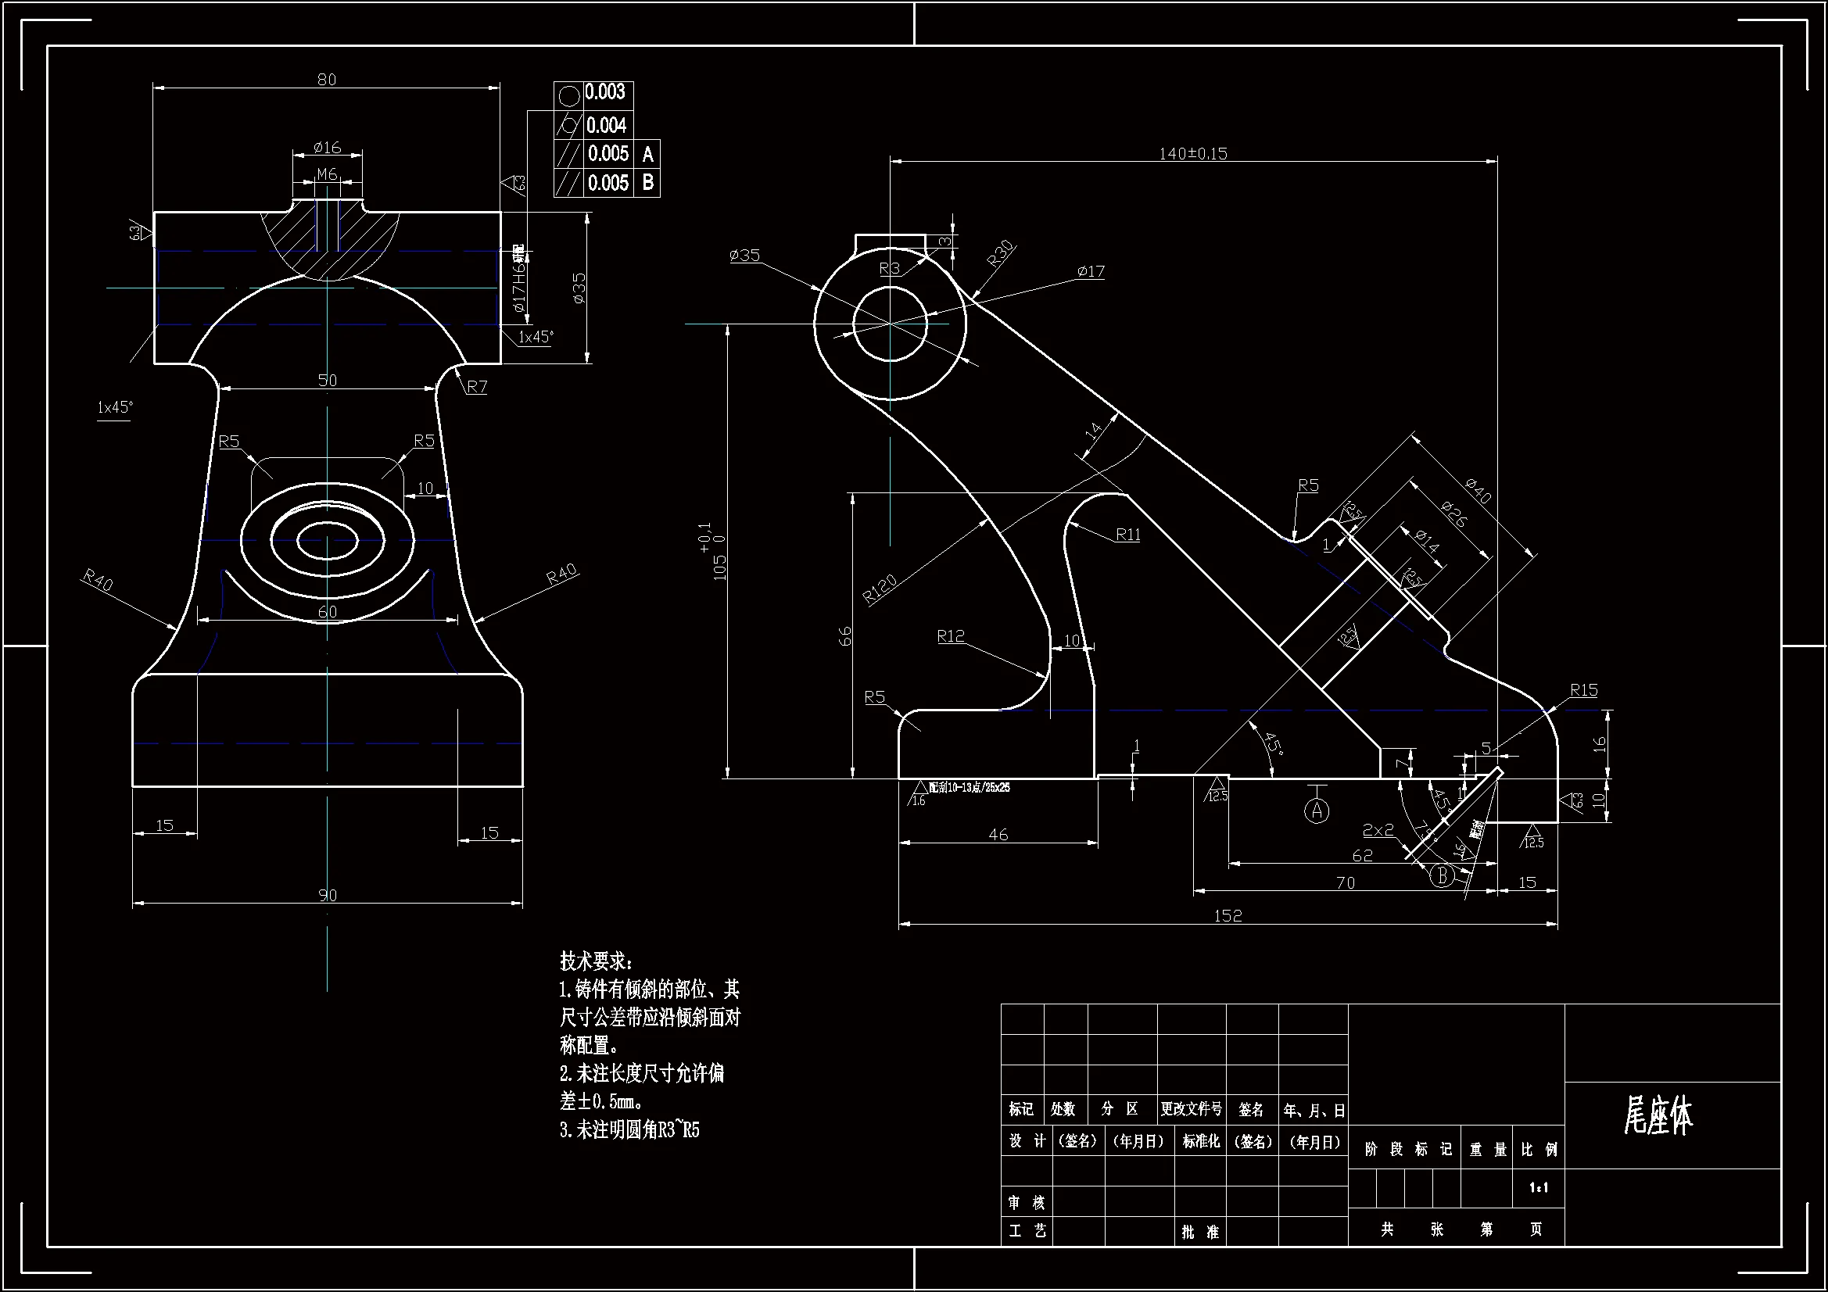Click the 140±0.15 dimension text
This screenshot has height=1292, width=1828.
tap(1192, 153)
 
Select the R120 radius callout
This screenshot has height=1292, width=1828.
tap(880, 589)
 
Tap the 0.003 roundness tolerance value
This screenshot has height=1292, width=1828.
tap(605, 92)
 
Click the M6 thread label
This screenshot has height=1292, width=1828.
tap(328, 174)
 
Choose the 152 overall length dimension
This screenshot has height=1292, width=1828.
tap(1228, 915)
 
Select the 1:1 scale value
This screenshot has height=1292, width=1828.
tap(1538, 1188)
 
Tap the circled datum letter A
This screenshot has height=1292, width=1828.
tap(1317, 811)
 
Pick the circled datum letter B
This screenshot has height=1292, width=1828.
tap(1442, 876)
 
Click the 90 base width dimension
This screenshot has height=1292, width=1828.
tap(328, 895)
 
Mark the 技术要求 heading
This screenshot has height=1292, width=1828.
tap(597, 961)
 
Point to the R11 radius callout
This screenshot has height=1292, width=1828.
tap(1127, 534)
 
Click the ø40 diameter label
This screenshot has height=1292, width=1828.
tap(1479, 490)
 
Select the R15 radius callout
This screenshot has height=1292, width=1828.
tap(1583, 690)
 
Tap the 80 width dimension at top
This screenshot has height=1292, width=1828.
tap(327, 80)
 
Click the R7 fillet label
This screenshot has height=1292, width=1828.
tap(477, 387)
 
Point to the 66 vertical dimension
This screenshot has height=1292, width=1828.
tap(844, 635)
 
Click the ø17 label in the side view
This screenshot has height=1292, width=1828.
tap(1091, 271)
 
